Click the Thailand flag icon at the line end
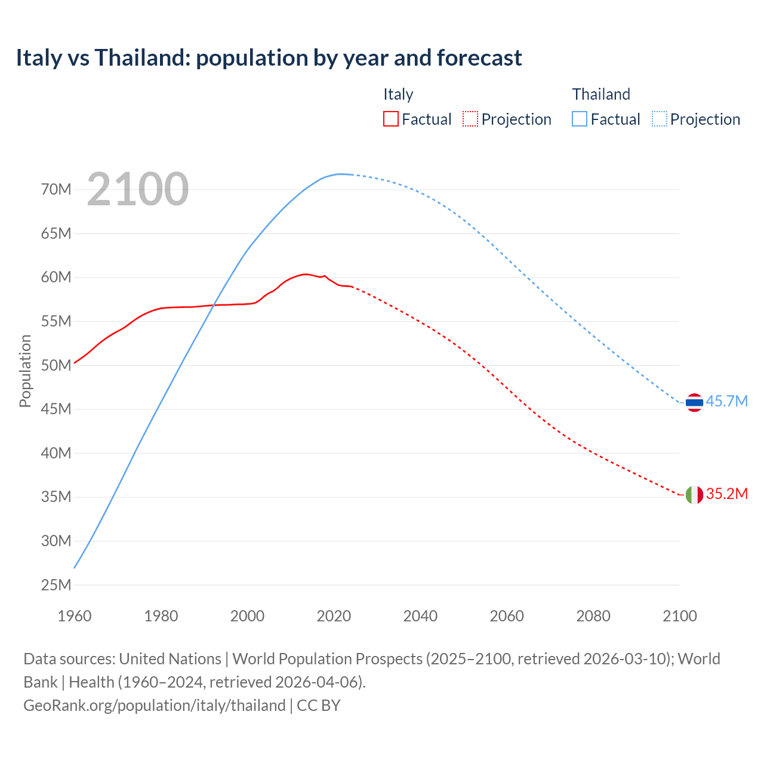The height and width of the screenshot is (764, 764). tap(694, 403)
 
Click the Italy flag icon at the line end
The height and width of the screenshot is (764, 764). tap(694, 495)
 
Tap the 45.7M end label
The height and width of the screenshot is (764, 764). tap(726, 401)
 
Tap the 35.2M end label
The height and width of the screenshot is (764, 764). tap(726, 494)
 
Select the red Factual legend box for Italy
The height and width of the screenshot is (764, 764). tap(390, 119)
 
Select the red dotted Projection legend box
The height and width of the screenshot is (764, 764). tap(470, 119)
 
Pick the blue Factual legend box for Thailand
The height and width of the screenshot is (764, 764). tap(579, 119)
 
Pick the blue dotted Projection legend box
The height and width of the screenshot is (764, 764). tap(659, 119)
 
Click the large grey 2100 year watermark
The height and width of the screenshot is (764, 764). tap(138, 189)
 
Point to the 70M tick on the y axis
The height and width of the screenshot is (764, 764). tap(56, 189)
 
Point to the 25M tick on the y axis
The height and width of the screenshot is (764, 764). tap(56, 585)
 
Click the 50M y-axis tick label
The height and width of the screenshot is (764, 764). tap(56, 365)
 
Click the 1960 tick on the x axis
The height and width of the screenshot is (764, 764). tap(75, 616)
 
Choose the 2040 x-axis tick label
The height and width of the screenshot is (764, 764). tap(420, 616)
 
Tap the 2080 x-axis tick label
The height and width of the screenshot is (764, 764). tap(593, 616)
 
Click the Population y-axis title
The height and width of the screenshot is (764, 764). tap(25, 371)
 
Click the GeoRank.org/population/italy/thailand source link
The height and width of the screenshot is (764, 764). tap(155, 706)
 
